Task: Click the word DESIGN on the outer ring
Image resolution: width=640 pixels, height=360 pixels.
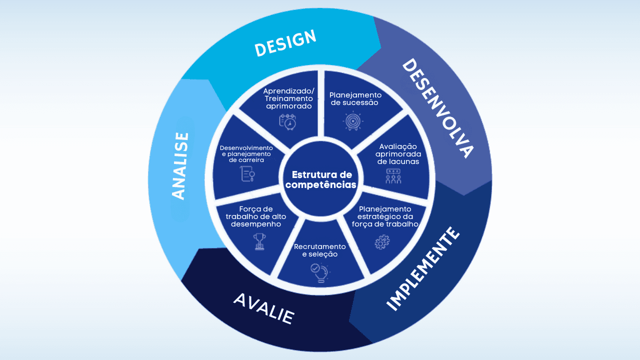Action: (x=285, y=43)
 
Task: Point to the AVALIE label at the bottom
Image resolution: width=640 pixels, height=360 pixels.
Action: (x=263, y=308)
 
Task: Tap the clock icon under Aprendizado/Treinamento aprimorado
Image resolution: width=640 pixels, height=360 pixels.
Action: (x=287, y=121)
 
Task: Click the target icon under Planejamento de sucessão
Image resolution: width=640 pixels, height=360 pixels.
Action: (x=352, y=120)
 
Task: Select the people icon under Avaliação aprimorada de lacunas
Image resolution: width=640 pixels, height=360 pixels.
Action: (x=393, y=176)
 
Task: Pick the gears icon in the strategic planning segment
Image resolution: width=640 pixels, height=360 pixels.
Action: (x=382, y=242)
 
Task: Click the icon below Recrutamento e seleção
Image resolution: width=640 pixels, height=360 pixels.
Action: (x=319, y=273)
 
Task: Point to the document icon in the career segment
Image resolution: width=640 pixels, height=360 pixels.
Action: (x=247, y=174)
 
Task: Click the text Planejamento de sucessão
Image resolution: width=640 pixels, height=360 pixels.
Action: (x=355, y=98)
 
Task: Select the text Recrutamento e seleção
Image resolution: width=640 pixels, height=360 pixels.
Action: (x=320, y=250)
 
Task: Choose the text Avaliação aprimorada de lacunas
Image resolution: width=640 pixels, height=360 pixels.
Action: (x=398, y=154)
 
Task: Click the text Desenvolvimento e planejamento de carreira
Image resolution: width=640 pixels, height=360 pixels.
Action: (x=246, y=154)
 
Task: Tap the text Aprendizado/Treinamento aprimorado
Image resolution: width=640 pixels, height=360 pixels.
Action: (x=289, y=98)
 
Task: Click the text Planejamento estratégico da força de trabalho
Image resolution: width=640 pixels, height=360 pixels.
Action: (x=385, y=216)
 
